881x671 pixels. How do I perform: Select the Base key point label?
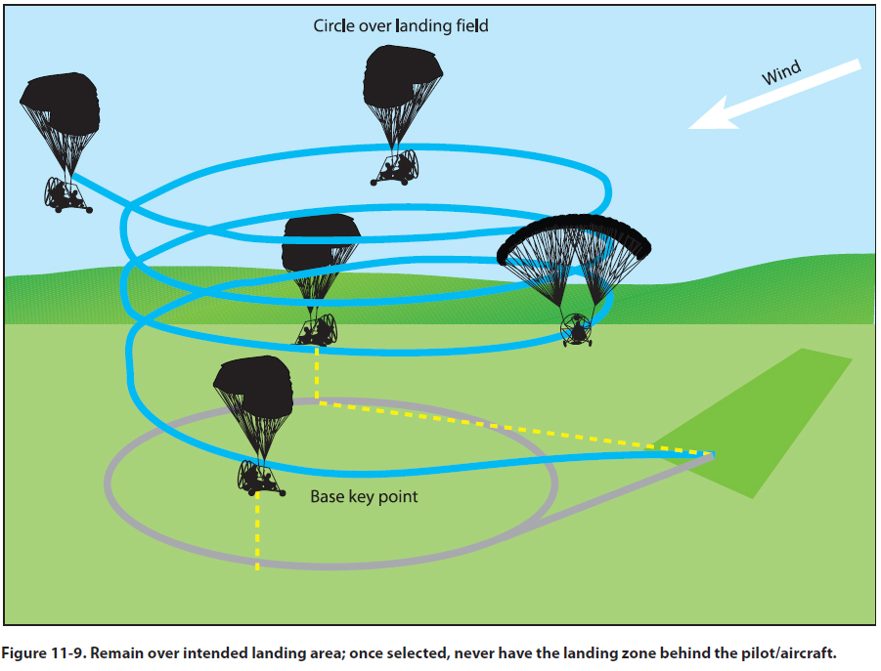(x=364, y=497)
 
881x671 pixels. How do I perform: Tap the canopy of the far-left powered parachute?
(x=61, y=103)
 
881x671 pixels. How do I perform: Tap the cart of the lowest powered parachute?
(x=260, y=478)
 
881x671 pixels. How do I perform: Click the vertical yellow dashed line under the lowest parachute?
(x=257, y=532)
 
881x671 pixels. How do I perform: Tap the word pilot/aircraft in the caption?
(x=789, y=650)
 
